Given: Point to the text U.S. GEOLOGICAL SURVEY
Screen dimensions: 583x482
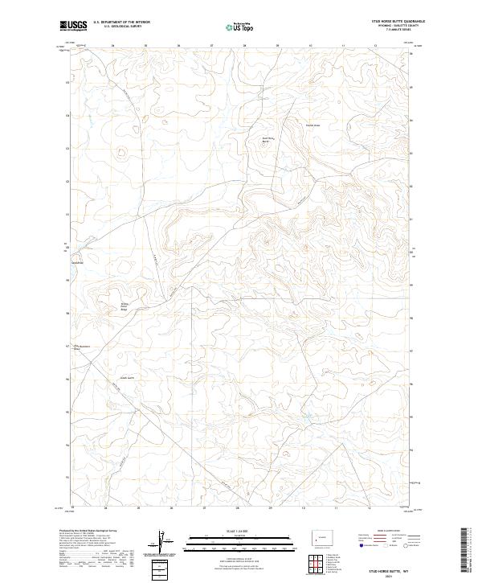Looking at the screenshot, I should coord(116,27).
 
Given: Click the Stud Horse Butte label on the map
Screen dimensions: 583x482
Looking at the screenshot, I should coord(270,139).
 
